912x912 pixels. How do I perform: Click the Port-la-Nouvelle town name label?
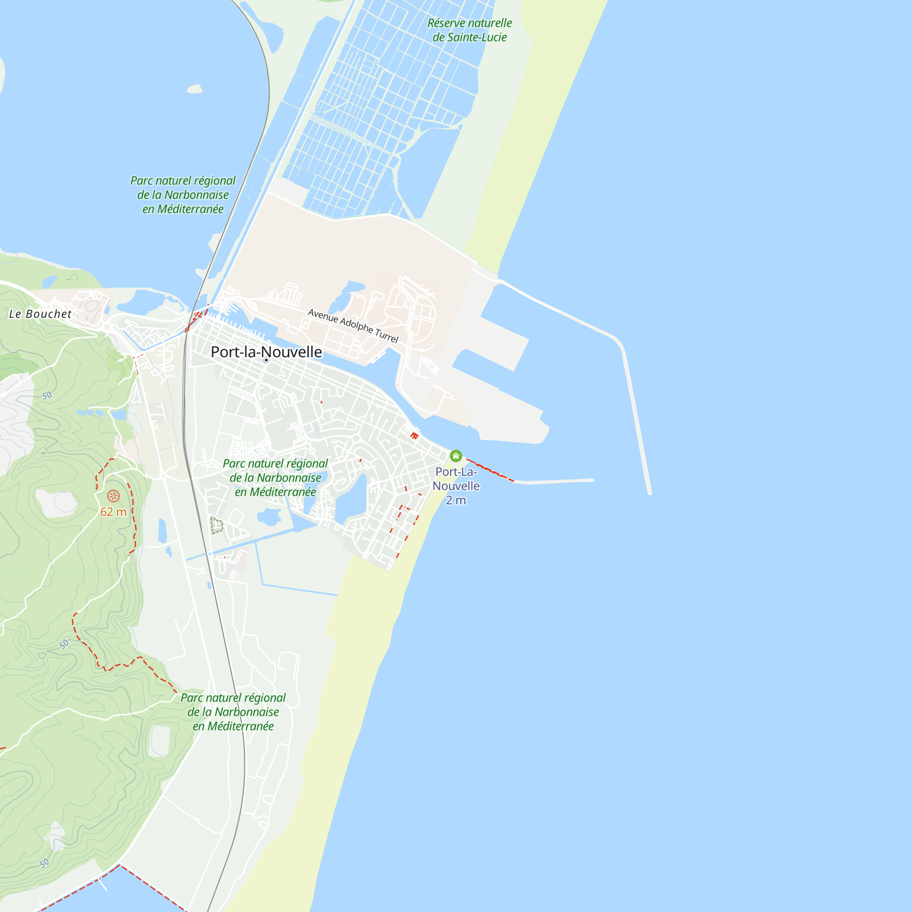pyautogui.click(x=266, y=352)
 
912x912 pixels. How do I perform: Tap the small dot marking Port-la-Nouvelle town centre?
pyautogui.click(x=266, y=360)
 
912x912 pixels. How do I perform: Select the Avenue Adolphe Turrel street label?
pyautogui.click(x=353, y=326)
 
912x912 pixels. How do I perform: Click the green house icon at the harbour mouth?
pyautogui.click(x=456, y=456)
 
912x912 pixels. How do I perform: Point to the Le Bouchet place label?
pyautogui.click(x=40, y=314)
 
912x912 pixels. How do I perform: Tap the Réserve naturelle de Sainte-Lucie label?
pyautogui.click(x=470, y=30)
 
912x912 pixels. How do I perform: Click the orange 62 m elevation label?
pyautogui.click(x=113, y=512)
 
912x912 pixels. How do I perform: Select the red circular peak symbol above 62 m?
pyautogui.click(x=113, y=496)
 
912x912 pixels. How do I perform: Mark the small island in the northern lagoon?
pyautogui.click(x=195, y=89)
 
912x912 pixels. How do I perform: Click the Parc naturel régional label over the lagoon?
pyautogui.click(x=183, y=195)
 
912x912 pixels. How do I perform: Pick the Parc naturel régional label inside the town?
pyautogui.click(x=275, y=478)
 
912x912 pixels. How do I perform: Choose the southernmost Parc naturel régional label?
pyautogui.click(x=233, y=712)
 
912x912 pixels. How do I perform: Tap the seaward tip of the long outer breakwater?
pyautogui.click(x=649, y=493)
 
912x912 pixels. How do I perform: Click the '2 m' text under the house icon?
pyautogui.click(x=456, y=500)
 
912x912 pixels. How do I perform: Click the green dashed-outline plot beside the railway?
pyautogui.click(x=217, y=525)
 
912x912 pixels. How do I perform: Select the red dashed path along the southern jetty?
pyautogui.click(x=491, y=470)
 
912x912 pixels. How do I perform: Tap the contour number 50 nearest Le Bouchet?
pyautogui.click(x=47, y=395)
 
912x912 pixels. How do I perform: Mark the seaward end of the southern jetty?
pyautogui.click(x=592, y=480)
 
